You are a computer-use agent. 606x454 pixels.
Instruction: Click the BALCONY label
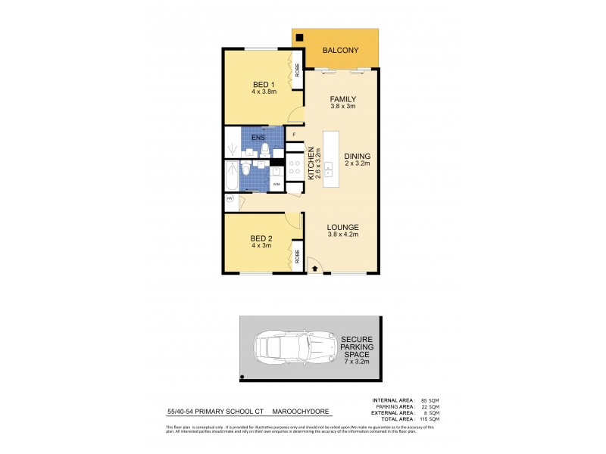(x=339, y=51)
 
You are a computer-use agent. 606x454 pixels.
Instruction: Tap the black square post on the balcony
(x=300, y=38)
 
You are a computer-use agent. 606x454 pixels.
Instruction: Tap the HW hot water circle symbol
(x=230, y=198)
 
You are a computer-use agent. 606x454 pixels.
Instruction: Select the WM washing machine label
(x=276, y=183)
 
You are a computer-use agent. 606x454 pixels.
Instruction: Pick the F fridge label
(x=294, y=135)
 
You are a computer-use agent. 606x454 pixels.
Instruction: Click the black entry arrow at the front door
(x=314, y=269)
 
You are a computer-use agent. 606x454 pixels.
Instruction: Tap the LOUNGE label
(x=342, y=227)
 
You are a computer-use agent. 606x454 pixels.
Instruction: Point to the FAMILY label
(x=342, y=99)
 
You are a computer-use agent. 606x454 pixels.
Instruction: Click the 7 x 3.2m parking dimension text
(x=356, y=362)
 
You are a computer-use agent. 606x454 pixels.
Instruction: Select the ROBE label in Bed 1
(x=297, y=70)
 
